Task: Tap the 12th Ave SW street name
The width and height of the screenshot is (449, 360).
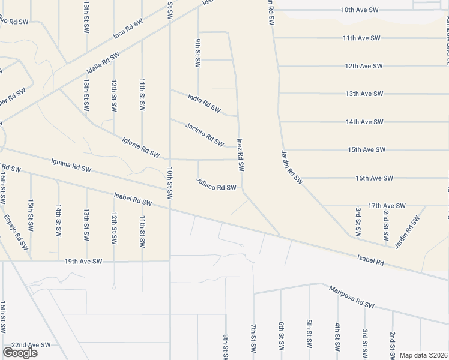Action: pyautogui.click(x=364, y=66)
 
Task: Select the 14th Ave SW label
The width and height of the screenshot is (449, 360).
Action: pyautogui.click(x=364, y=122)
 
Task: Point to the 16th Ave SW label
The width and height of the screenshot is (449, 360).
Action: pyautogui.click(x=373, y=178)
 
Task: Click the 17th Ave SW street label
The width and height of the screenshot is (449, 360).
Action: pyautogui.click(x=387, y=205)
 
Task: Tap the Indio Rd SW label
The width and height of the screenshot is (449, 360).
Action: pyautogui.click(x=205, y=104)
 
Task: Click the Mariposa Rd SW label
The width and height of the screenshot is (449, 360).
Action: pyautogui.click(x=351, y=298)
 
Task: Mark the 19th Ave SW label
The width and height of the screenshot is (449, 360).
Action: pyautogui.click(x=84, y=262)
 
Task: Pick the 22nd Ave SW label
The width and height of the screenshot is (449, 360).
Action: pyautogui.click(x=31, y=345)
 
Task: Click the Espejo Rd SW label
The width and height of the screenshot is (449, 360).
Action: pyautogui.click(x=16, y=232)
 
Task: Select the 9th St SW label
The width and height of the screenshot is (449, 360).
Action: pyautogui.click(x=197, y=53)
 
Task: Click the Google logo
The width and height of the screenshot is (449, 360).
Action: pyautogui.click(x=19, y=353)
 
